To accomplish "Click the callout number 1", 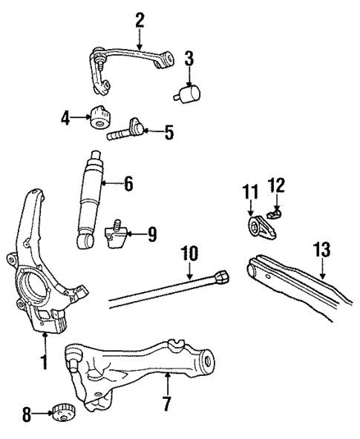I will tap(43, 363).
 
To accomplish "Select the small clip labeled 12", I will tap(277, 214).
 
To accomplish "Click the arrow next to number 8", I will tap(42, 412).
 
